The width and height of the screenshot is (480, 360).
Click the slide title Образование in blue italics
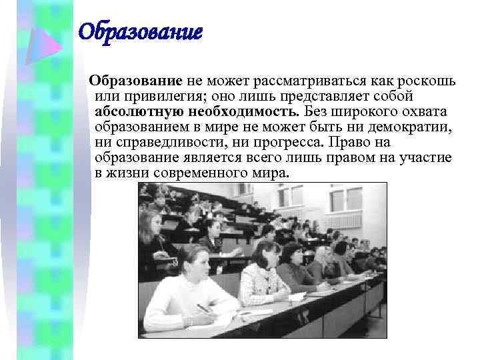point(140,31)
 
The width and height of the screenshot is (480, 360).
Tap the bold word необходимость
point(242,112)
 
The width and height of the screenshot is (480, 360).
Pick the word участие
point(427,158)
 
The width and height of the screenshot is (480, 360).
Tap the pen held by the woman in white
point(203,308)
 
